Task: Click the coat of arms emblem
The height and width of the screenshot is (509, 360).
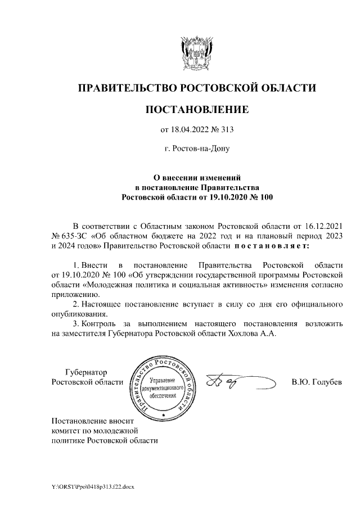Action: point(196,54)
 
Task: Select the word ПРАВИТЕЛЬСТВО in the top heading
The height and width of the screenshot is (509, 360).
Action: point(125,88)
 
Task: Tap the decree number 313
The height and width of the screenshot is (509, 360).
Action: point(226,130)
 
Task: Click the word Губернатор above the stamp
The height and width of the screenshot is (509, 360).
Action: point(86,372)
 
